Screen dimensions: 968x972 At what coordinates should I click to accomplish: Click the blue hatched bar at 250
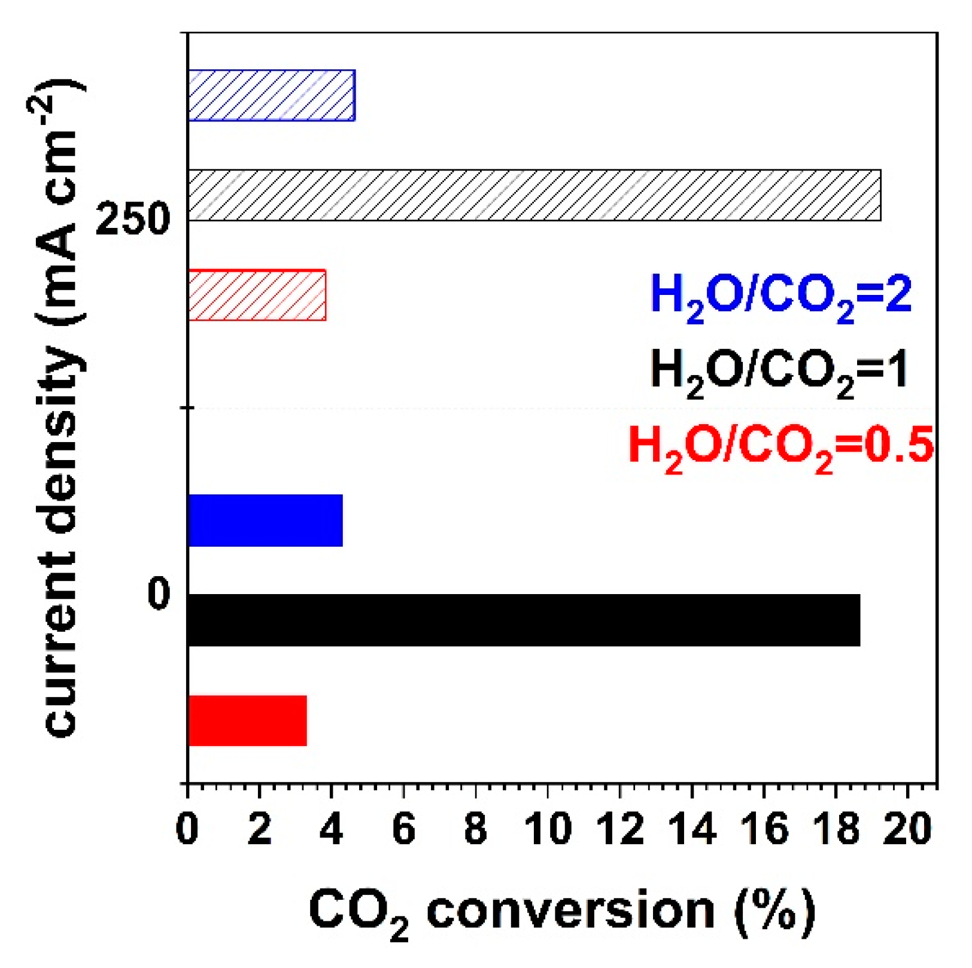271,96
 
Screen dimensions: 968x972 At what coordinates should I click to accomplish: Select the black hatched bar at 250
534,196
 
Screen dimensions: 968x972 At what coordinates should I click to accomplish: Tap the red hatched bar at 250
257,295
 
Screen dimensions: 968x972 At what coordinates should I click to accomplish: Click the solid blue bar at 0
265,520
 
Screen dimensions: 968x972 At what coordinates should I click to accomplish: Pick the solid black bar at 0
524,620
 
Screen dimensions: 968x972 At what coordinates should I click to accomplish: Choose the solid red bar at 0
247,720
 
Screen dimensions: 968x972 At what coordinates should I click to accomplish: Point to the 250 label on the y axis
133,219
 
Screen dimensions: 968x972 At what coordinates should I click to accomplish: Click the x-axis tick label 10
548,830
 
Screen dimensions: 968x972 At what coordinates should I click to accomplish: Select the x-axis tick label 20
907,830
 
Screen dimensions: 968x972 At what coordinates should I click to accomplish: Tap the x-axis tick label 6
404,830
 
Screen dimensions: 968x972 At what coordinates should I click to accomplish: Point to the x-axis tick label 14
692,830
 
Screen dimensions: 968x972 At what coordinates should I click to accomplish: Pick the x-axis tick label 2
259,830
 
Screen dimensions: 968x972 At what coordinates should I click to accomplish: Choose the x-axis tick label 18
836,830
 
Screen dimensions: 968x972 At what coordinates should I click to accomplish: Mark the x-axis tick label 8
476,830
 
